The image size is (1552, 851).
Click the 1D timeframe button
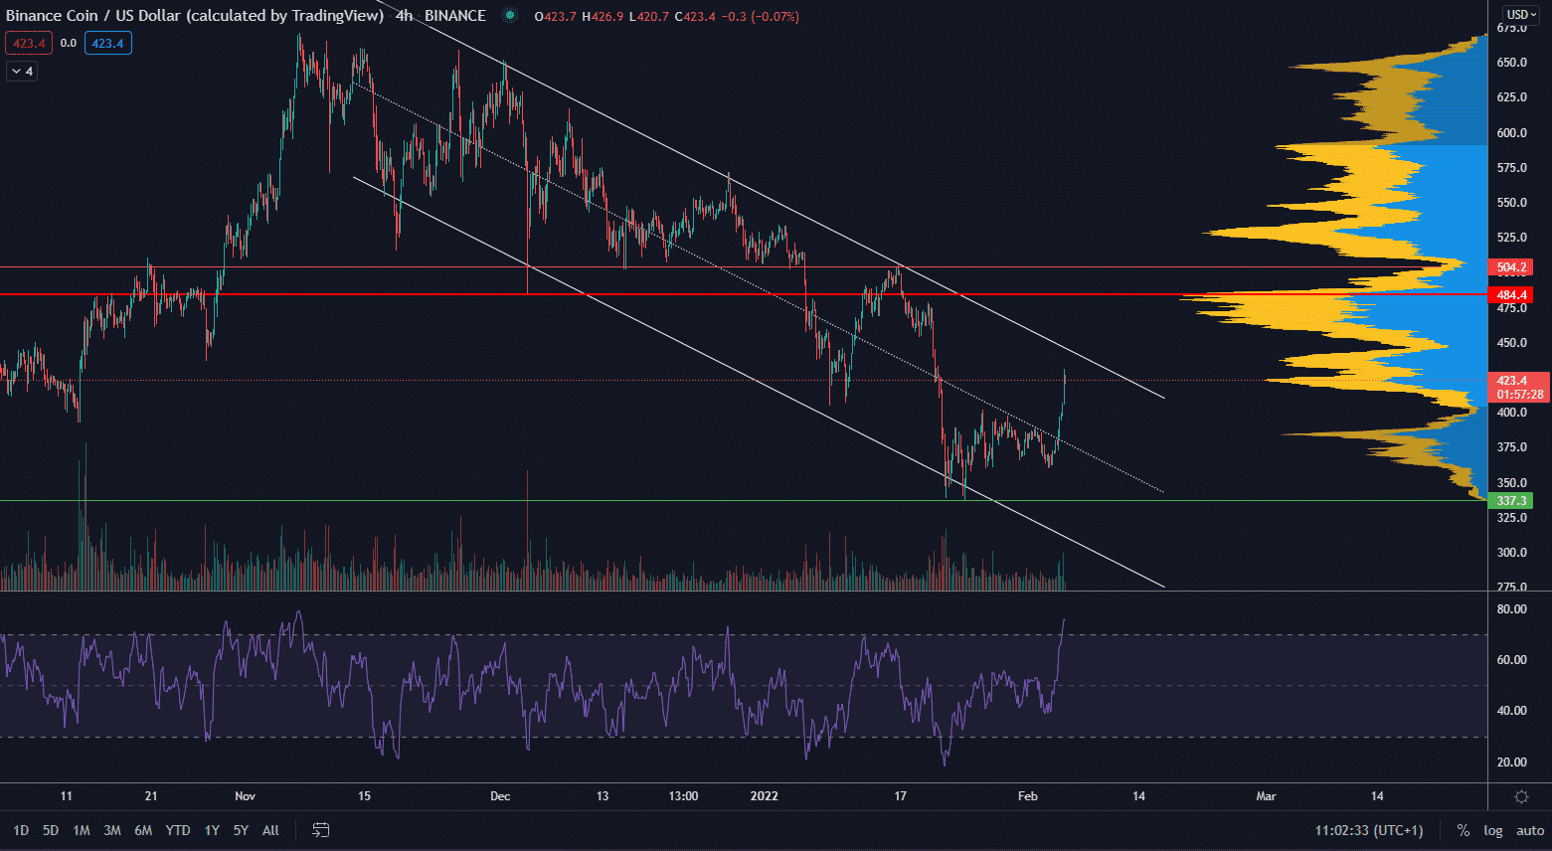click(x=20, y=830)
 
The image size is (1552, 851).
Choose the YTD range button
click(x=178, y=830)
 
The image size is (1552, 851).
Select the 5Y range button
click(x=241, y=830)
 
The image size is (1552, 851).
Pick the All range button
click(x=270, y=830)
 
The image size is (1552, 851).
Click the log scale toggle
click(x=1493, y=830)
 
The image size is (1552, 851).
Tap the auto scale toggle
click(x=1530, y=830)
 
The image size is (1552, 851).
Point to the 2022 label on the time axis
click(x=764, y=796)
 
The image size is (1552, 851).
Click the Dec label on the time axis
click(x=500, y=796)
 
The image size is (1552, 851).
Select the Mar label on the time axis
click(x=1266, y=796)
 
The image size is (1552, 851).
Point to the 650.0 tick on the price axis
click(x=1511, y=63)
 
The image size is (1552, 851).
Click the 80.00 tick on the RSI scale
click(x=1511, y=609)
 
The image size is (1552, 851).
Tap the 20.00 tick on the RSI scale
click(x=1511, y=763)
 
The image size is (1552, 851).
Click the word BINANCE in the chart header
click(x=454, y=16)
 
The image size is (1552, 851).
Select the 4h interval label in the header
click(x=404, y=16)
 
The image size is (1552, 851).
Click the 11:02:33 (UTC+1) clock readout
click(x=1368, y=830)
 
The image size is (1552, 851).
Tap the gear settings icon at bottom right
click(x=1521, y=796)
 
